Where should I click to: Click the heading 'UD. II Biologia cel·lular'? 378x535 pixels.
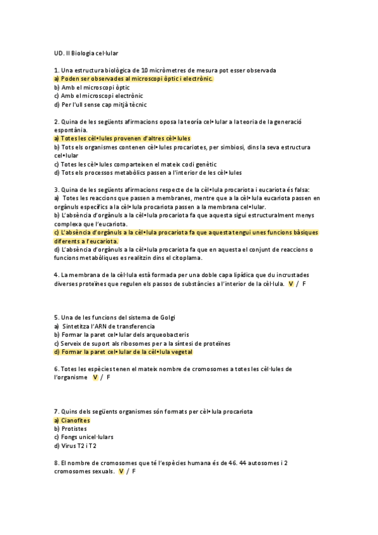click(86, 54)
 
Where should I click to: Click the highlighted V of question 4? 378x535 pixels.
click(290, 285)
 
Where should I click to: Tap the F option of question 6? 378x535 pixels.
click(109, 377)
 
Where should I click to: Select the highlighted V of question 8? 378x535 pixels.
click(121, 471)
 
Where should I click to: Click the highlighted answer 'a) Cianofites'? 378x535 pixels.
click(73, 420)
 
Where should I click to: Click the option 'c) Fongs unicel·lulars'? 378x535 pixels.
click(83, 437)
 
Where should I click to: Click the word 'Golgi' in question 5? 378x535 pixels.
click(174, 317)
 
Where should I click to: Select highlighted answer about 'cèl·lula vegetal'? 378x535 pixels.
click(123, 352)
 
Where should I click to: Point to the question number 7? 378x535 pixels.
click(57, 411)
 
